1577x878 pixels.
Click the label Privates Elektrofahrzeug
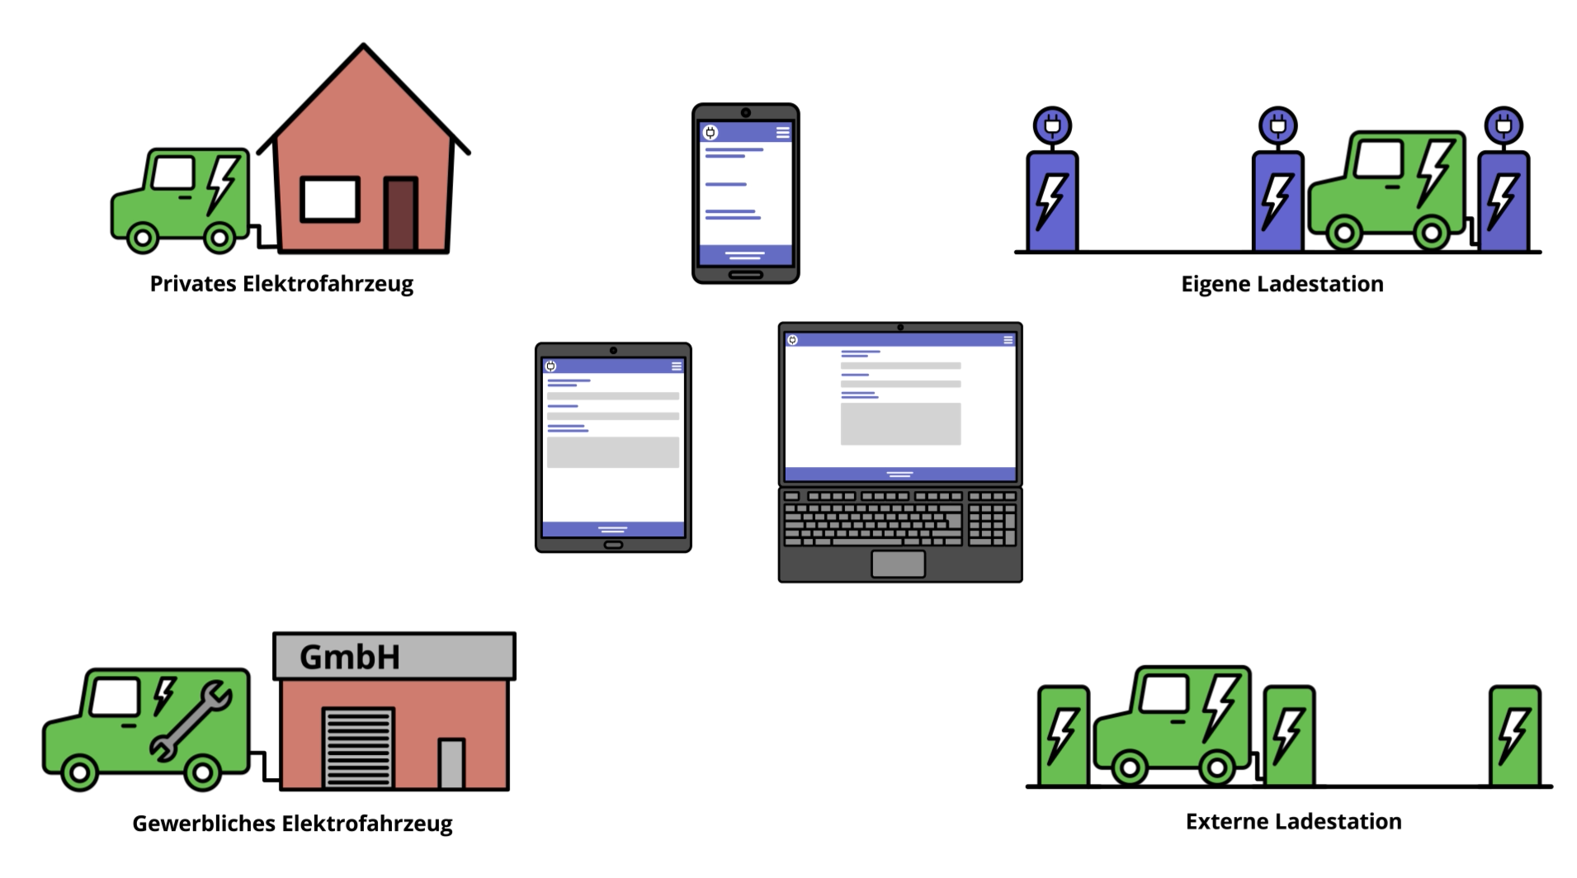281,284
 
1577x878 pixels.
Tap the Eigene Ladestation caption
1282,284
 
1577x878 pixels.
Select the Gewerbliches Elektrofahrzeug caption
292,824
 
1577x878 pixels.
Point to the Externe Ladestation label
1293,822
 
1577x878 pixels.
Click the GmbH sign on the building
350,658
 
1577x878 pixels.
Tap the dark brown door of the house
401,214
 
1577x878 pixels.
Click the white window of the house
329,199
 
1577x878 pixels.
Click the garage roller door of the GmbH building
357,747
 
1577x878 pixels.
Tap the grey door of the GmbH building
451,763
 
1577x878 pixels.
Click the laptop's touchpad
898,564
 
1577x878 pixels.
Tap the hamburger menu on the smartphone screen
782,132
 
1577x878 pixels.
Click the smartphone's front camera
745,113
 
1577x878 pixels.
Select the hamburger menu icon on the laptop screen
1008,340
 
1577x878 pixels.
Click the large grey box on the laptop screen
900,424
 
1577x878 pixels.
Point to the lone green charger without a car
1514,735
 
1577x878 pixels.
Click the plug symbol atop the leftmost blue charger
1052,126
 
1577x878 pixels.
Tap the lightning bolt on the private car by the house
223,183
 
